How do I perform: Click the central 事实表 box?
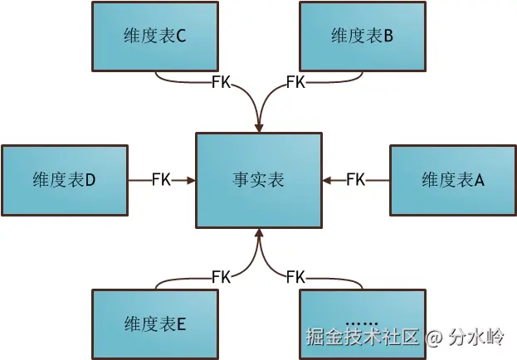coord(258,179)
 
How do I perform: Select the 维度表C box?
coord(155,36)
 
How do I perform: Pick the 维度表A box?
coord(452,179)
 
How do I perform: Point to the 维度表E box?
coord(155,323)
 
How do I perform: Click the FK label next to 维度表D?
coord(161,179)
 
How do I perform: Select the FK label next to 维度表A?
coord(355,179)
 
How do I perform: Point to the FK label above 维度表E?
coord(222,276)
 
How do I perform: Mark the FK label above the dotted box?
coord(295,276)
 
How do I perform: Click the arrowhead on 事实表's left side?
coord(192,179)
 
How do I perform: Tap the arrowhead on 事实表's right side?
coord(325,179)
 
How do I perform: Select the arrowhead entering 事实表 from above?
coord(259,127)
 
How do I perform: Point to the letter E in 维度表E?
coord(181,324)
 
